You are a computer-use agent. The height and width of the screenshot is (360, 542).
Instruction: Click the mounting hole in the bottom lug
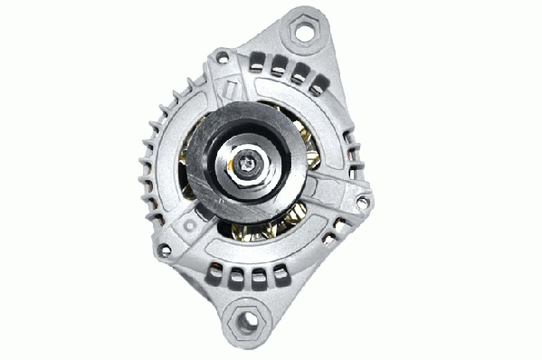pyautogui.click(x=244, y=319)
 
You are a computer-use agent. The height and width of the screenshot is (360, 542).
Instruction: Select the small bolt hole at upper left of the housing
pyautogui.click(x=220, y=59)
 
